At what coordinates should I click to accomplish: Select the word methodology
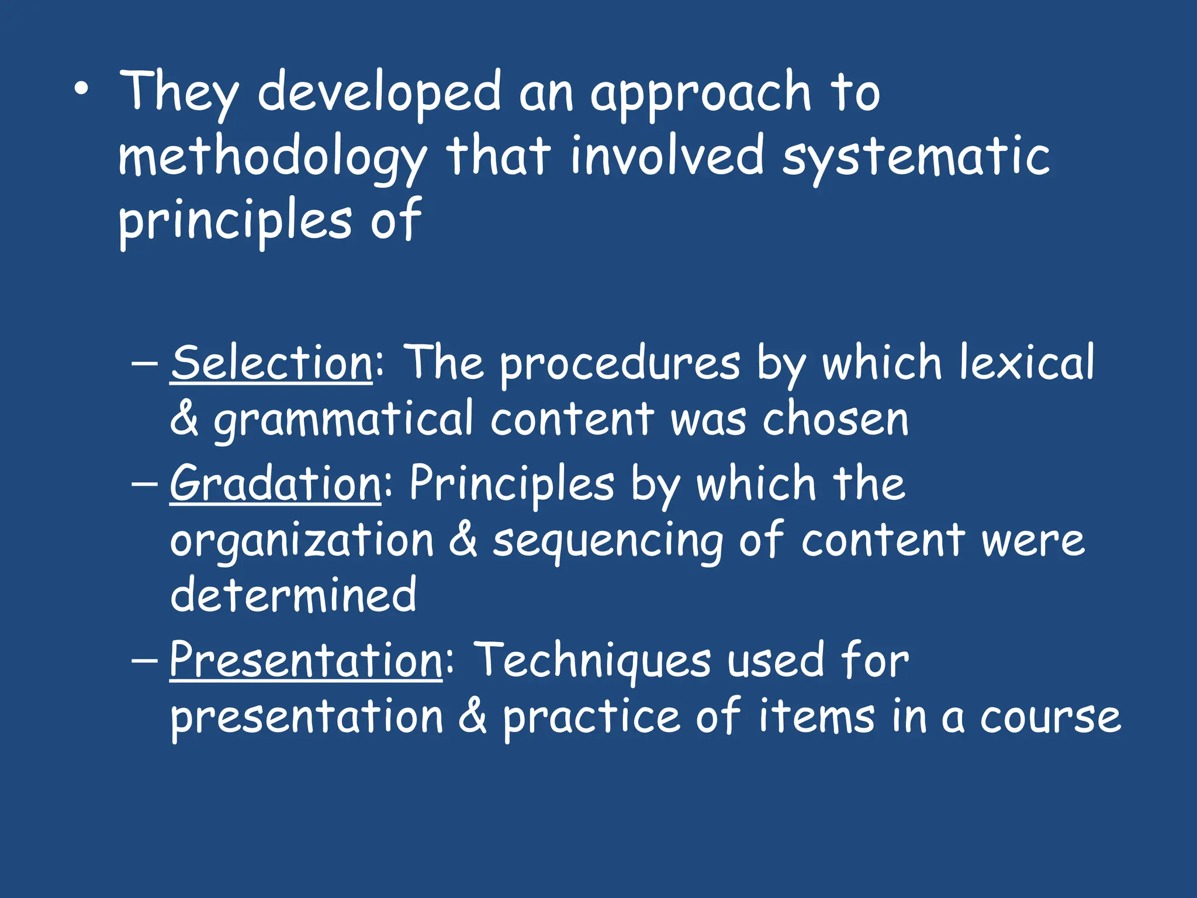click(x=272, y=158)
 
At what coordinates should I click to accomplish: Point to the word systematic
click(x=916, y=158)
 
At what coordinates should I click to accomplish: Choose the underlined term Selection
click(x=272, y=363)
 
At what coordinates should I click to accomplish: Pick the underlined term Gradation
click(x=276, y=483)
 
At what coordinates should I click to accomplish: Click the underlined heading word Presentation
click(x=306, y=660)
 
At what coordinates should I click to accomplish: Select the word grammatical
click(x=343, y=420)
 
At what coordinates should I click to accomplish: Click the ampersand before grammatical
click(x=184, y=419)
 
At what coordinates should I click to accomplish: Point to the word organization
click(x=302, y=541)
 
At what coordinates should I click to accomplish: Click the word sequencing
click(x=607, y=541)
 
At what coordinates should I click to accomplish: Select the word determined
click(x=293, y=595)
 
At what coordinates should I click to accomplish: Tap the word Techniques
click(x=592, y=661)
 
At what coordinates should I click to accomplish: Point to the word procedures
click(x=620, y=364)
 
